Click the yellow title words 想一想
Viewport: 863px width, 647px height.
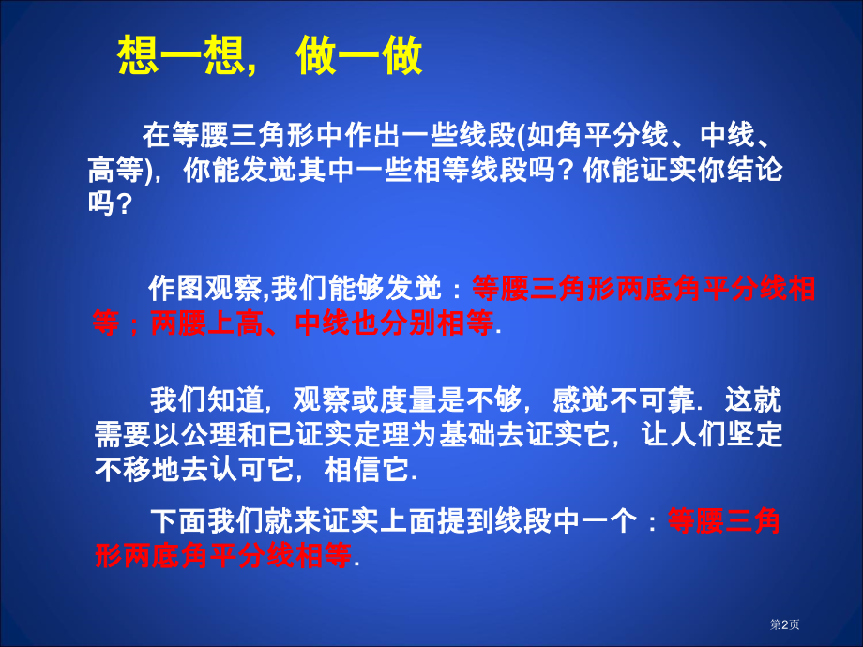[180, 55]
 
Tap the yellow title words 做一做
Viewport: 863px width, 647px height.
[359, 55]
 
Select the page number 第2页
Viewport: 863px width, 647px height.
[784, 624]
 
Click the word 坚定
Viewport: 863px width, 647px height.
[754, 435]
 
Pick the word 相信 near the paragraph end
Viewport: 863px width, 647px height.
[353, 469]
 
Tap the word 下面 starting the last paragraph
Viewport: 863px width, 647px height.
[179, 521]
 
